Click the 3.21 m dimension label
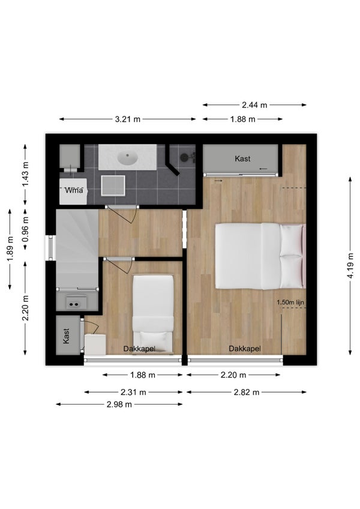click(x=128, y=119)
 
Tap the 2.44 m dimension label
click(x=254, y=105)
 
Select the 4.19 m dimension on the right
click(x=350, y=266)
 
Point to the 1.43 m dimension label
click(x=25, y=174)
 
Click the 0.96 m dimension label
click(x=25, y=229)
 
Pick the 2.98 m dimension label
click(x=119, y=404)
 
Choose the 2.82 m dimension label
click(x=247, y=392)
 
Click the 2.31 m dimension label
click(x=133, y=392)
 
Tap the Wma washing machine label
click(x=74, y=190)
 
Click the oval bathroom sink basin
click(x=128, y=158)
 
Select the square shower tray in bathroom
click(x=113, y=185)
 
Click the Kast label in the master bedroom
click(x=243, y=158)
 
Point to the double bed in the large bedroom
click(x=260, y=256)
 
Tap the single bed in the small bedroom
click(x=153, y=315)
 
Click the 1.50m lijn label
click(x=290, y=303)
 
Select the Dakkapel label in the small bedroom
click(x=139, y=349)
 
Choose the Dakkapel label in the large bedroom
click(x=245, y=349)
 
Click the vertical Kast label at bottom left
click(x=66, y=336)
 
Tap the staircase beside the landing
click(x=77, y=248)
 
